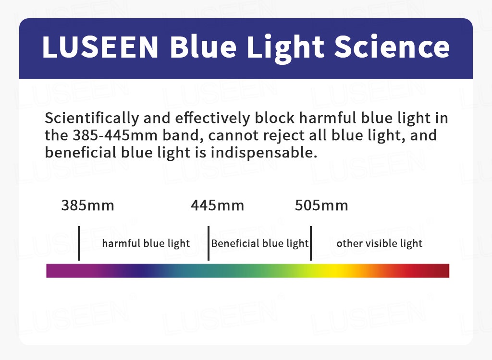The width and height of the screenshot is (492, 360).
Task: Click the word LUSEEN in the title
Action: coord(100,47)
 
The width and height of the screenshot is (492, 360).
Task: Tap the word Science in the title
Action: coord(392,47)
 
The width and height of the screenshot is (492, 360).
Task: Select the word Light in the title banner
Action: coord(285,48)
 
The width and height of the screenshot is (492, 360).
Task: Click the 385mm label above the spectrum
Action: coord(87,205)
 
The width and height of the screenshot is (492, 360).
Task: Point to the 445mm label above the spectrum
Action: coord(218,205)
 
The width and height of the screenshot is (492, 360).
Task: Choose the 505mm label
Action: coord(321,205)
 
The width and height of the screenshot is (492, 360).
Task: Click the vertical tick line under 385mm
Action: coord(79,243)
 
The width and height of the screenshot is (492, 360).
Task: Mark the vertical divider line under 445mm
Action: coord(209,243)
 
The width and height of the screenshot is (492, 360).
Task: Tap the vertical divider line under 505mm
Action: coord(311,243)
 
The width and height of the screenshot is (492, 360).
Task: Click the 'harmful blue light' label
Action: coord(146,243)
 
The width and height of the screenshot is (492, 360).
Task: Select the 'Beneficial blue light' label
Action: coord(260,243)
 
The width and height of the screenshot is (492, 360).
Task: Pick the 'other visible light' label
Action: coord(380,243)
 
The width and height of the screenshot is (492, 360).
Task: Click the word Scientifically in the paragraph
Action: coord(92,119)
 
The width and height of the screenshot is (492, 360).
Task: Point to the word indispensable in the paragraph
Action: coord(264,153)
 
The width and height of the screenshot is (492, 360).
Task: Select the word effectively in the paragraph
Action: coord(212,119)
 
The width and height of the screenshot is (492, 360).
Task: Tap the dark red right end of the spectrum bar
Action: coord(441,271)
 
